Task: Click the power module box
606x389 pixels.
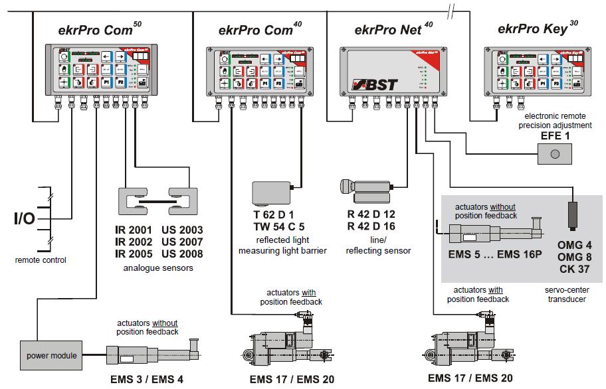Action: pos(50,356)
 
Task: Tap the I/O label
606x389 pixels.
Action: pos(25,218)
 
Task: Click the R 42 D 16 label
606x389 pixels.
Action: pos(371,226)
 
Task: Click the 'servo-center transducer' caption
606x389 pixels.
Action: pos(566,295)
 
